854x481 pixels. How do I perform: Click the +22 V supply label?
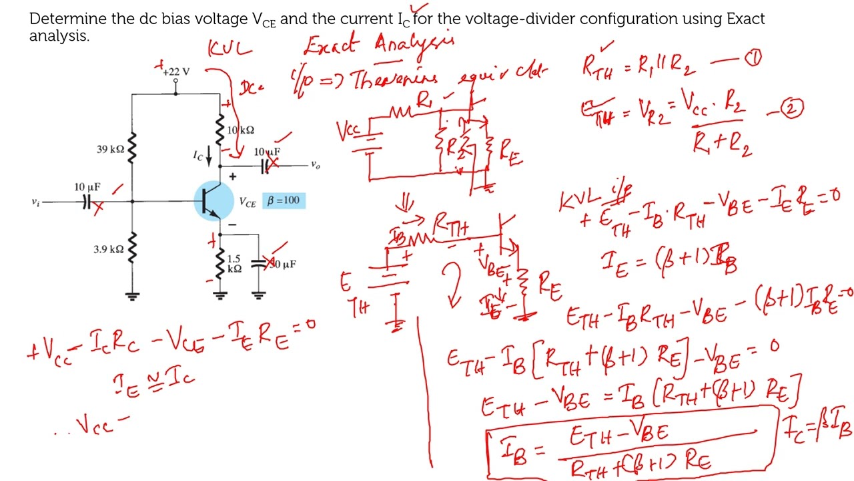click(x=177, y=71)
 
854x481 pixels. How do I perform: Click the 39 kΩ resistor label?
click(x=109, y=149)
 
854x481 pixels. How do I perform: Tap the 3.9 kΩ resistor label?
click(x=108, y=249)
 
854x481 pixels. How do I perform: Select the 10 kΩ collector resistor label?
click(x=240, y=130)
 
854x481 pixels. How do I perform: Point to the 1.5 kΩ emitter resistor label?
click(x=234, y=263)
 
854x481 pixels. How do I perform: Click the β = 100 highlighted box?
click(x=284, y=200)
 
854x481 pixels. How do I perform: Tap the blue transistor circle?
click(x=213, y=200)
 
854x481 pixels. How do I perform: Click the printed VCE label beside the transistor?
click(x=247, y=202)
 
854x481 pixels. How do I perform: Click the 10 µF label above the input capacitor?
click(x=87, y=186)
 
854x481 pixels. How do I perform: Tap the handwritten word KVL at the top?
click(x=230, y=49)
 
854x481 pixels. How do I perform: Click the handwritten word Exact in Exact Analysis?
click(x=332, y=45)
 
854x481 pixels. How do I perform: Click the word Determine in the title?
click(x=68, y=19)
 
